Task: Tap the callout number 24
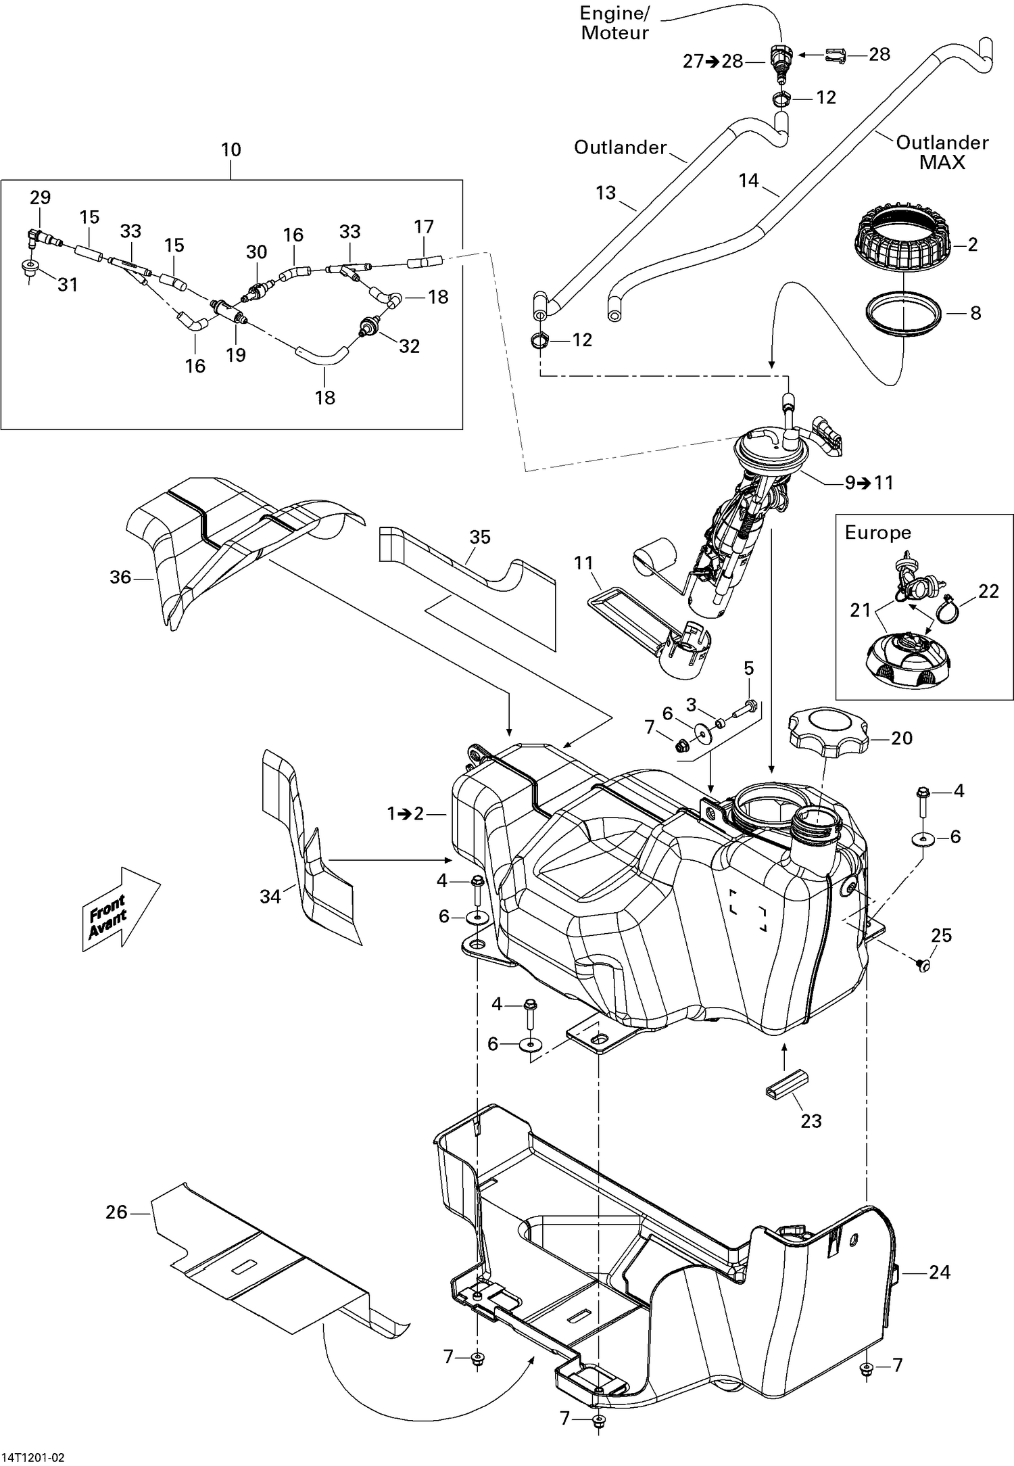[940, 1272]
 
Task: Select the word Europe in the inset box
[877, 532]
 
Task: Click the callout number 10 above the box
[231, 149]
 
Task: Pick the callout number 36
[120, 577]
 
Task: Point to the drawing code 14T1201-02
[38, 1452]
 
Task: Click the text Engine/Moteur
[614, 23]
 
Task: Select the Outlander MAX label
[942, 152]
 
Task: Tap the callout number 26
[116, 1211]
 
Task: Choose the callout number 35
[480, 537]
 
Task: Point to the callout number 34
[270, 896]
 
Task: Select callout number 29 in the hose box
[41, 197]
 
